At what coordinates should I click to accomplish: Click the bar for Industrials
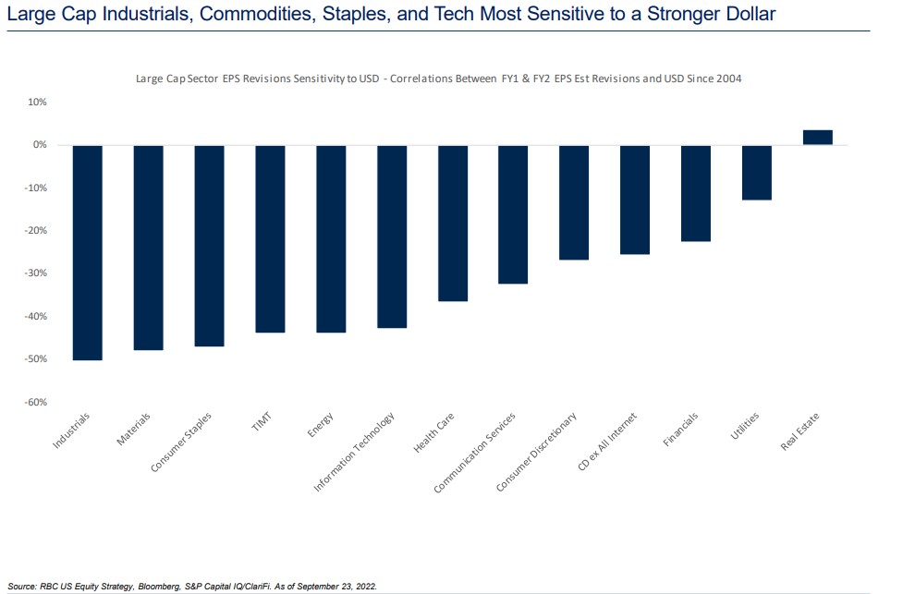(x=88, y=253)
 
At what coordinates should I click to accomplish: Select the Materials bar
(x=149, y=248)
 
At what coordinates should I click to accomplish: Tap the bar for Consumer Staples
(x=209, y=246)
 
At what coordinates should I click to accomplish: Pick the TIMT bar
(x=270, y=239)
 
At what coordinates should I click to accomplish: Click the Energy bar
(x=331, y=239)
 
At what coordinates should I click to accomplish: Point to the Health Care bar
(x=453, y=224)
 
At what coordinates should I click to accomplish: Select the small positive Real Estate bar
(x=818, y=137)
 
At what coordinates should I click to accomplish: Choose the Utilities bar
(x=757, y=173)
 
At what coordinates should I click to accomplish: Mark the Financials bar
(x=696, y=193)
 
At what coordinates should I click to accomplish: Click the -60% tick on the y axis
(x=36, y=402)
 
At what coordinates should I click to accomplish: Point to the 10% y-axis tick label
(x=38, y=102)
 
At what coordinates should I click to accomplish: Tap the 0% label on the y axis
(x=40, y=144)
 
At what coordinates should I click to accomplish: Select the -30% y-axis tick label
(x=36, y=273)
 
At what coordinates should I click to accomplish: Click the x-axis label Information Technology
(x=354, y=452)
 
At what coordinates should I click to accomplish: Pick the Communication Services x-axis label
(x=474, y=453)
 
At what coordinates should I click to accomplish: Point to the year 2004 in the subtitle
(x=729, y=79)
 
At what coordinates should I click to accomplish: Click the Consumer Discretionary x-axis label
(x=536, y=453)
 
